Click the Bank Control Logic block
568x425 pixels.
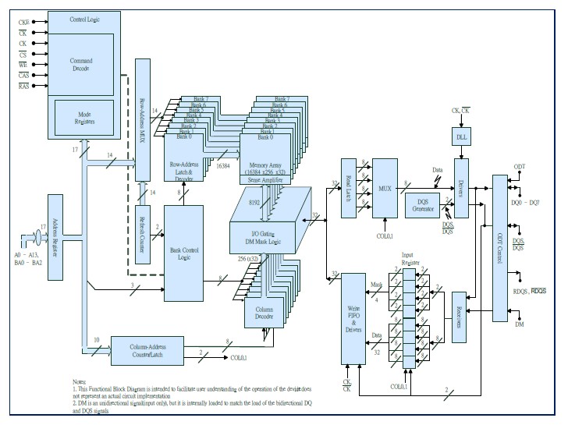coord(183,253)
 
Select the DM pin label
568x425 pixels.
coord(519,324)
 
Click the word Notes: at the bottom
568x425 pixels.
coord(80,381)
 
